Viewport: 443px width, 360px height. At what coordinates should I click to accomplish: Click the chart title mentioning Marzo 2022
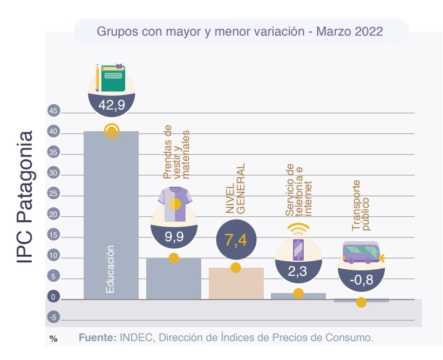[240, 31]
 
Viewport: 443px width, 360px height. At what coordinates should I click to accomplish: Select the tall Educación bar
[111, 216]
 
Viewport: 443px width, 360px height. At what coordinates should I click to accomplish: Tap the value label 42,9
[112, 105]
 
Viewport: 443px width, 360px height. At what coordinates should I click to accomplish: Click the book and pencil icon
[111, 78]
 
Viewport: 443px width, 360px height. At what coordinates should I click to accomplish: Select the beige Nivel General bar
[236, 283]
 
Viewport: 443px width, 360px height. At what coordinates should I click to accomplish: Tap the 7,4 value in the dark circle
[236, 240]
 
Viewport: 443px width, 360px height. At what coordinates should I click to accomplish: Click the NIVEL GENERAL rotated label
[235, 188]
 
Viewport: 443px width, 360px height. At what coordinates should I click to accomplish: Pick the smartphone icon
[298, 249]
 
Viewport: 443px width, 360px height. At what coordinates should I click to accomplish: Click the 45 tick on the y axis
[53, 112]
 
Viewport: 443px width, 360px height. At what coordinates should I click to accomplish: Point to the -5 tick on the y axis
[53, 318]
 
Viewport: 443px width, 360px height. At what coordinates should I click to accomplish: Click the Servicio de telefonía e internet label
[298, 190]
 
